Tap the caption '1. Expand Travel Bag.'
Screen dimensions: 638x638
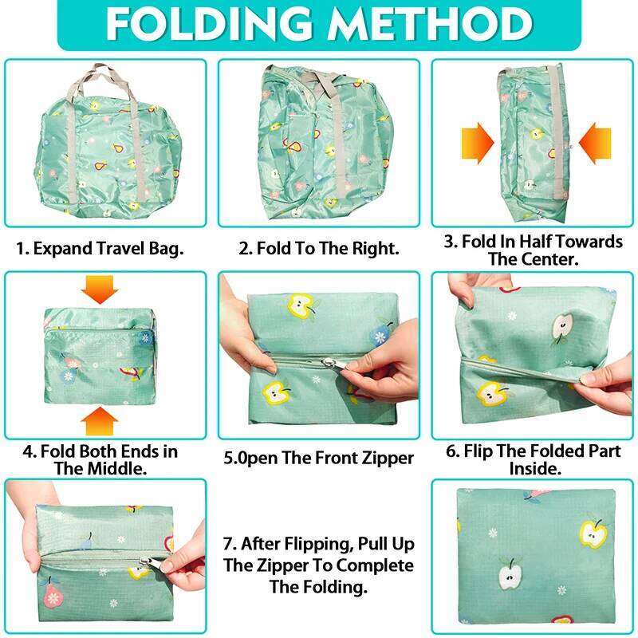pos(100,249)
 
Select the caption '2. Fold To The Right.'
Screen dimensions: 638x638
pos(318,249)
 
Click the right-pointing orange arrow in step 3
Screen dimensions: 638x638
pos(478,143)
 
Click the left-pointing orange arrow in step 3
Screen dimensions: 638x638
pos(595,143)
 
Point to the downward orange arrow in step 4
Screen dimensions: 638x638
pos(100,289)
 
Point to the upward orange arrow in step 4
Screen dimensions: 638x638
pos(100,421)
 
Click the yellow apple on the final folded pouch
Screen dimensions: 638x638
pos(593,534)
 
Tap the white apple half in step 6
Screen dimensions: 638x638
pos(564,325)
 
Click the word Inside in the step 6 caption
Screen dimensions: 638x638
pos(535,469)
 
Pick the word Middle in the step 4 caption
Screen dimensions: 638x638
pos(121,469)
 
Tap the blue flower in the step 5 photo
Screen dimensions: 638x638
pos(380,336)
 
